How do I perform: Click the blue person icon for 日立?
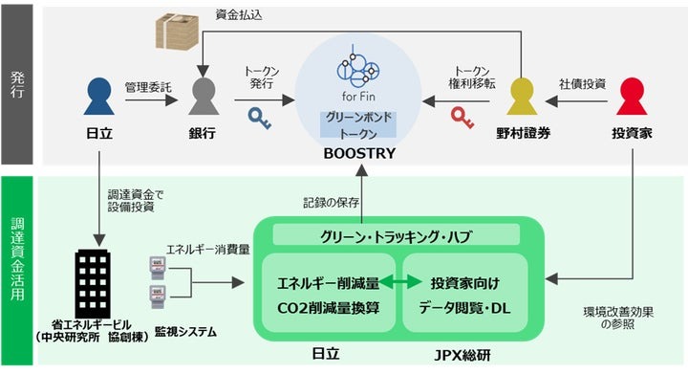pyautogui.click(x=97, y=100)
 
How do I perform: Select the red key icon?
pyautogui.click(x=463, y=118)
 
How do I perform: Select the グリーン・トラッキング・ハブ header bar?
pyautogui.click(x=396, y=234)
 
